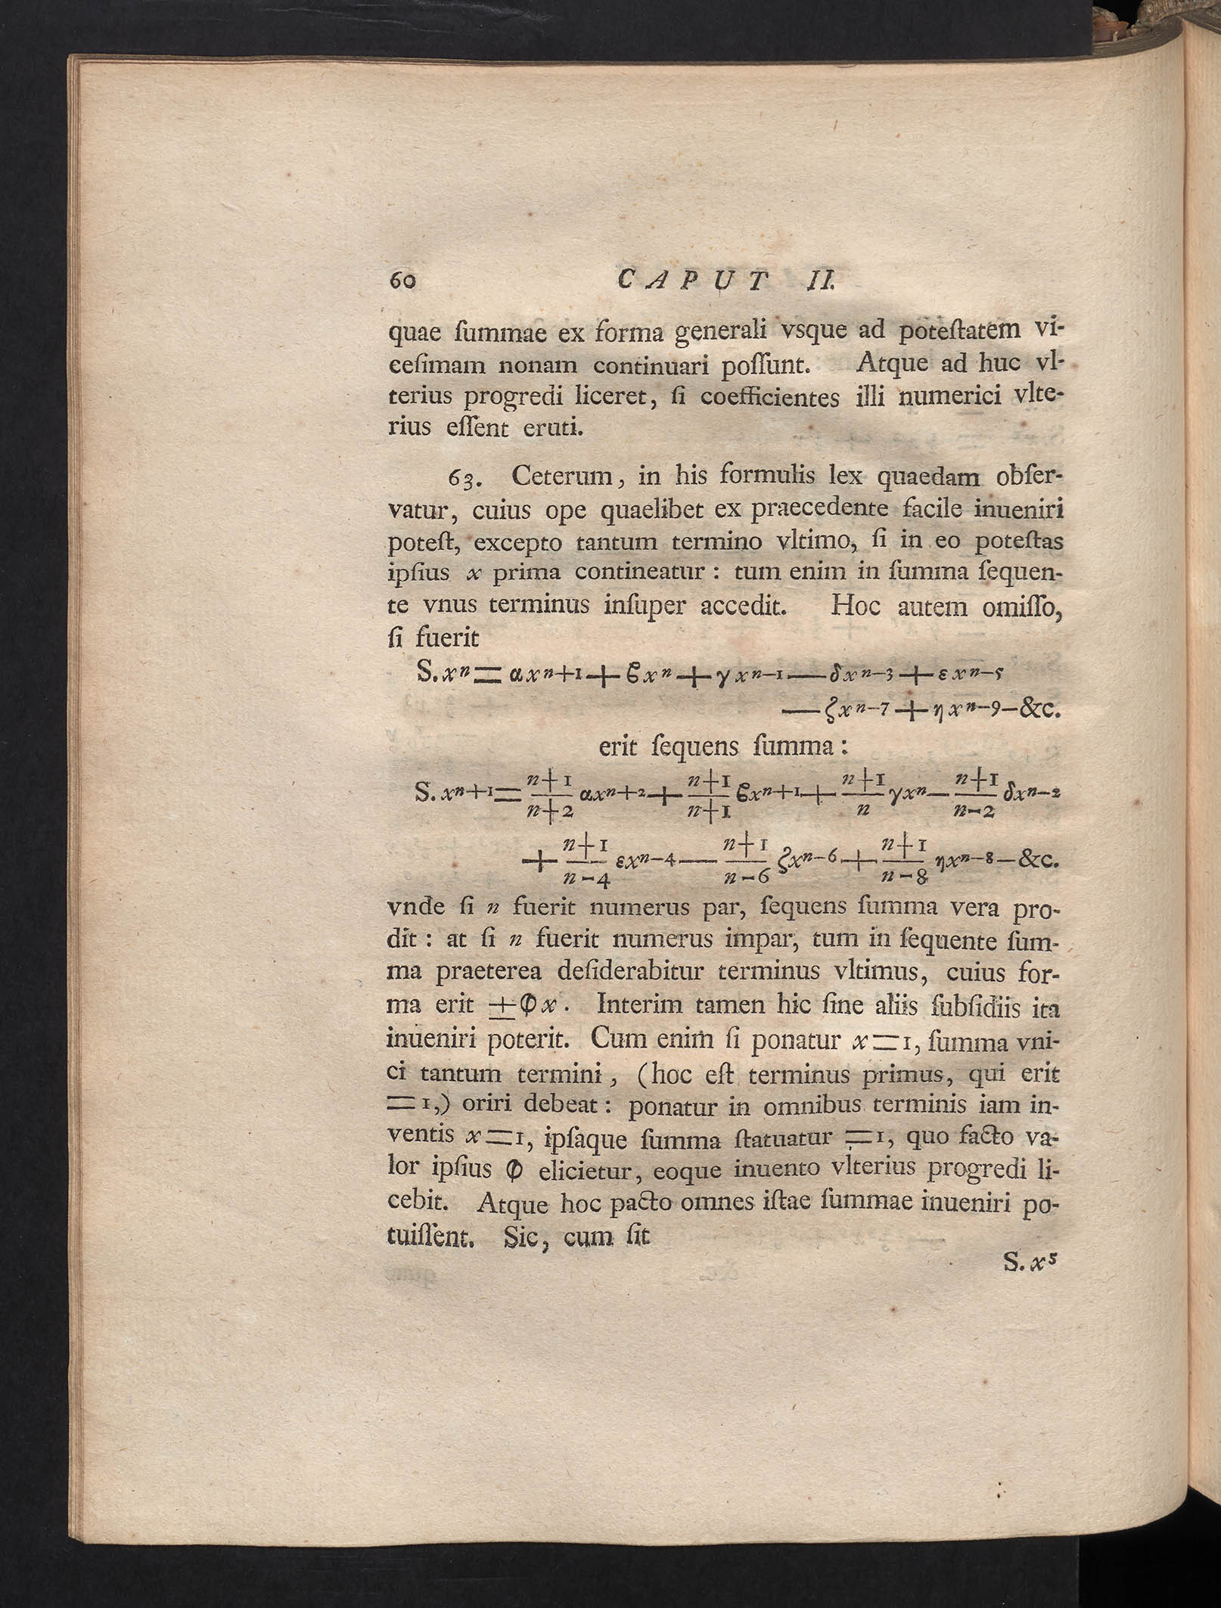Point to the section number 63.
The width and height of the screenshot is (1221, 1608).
point(469,480)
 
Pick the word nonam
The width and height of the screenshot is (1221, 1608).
point(535,365)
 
